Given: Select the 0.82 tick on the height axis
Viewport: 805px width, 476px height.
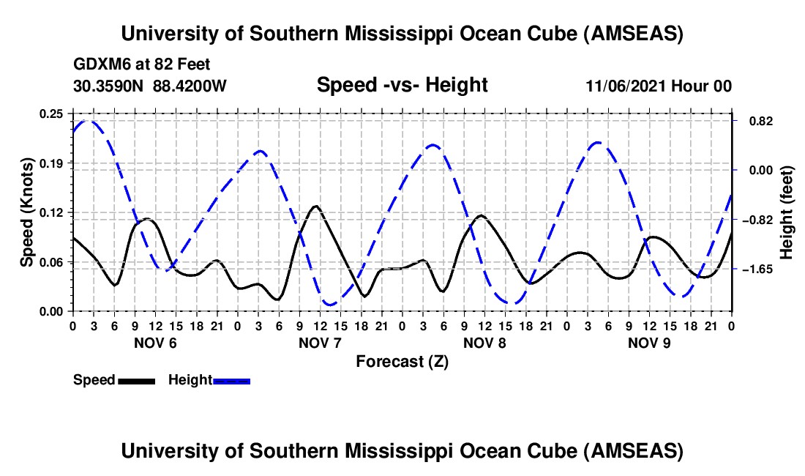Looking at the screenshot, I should [753, 121].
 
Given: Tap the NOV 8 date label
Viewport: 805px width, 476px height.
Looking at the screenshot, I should [486, 343].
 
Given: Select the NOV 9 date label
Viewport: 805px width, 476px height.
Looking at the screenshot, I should [651, 343].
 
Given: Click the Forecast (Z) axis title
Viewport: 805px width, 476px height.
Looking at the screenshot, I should [402, 361].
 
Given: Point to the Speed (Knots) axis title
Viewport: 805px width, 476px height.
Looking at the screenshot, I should [26, 212].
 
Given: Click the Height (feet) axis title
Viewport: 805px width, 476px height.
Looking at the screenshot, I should [787, 212].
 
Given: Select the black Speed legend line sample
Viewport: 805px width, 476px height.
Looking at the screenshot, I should [136, 381].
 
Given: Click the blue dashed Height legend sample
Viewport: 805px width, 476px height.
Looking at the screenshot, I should [232, 381].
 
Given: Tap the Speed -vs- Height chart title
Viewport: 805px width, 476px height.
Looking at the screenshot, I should [402, 85].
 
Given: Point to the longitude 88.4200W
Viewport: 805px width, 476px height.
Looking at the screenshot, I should [190, 86].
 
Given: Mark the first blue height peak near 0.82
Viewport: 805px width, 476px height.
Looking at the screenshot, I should [88, 121].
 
